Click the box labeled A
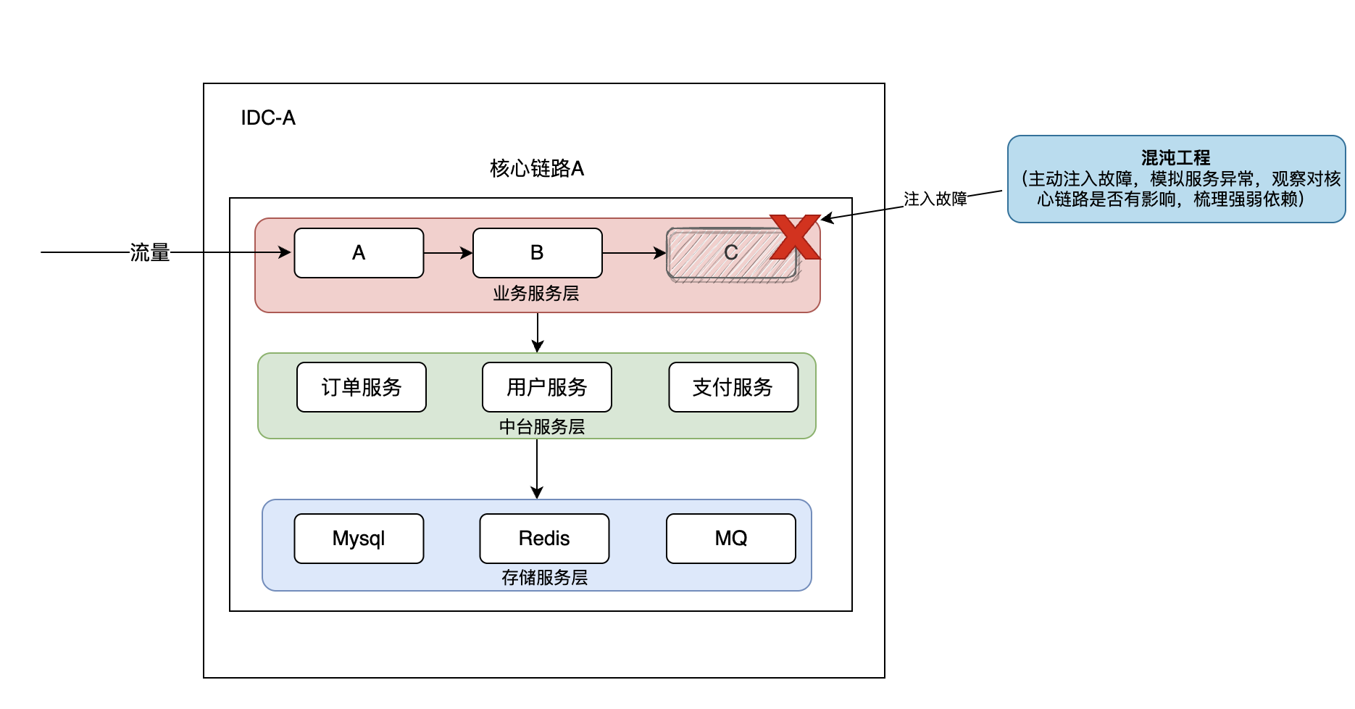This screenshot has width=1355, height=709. click(x=359, y=253)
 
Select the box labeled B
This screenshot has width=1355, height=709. click(x=537, y=253)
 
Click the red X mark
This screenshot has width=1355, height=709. click(x=794, y=237)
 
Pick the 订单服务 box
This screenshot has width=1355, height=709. click(x=362, y=387)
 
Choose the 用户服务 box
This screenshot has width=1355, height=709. click(x=547, y=387)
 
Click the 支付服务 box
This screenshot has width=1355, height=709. click(x=733, y=387)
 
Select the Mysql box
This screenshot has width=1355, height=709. click(x=359, y=539)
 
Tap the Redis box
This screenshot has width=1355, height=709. click(x=544, y=539)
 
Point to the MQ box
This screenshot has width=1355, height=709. click(x=731, y=539)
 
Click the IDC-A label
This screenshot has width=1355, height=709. click(x=268, y=118)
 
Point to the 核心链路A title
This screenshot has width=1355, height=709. click(x=537, y=169)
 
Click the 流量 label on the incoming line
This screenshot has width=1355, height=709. click(x=150, y=253)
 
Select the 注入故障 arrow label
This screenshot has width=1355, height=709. click(x=935, y=199)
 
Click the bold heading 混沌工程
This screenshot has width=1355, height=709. click(x=1175, y=158)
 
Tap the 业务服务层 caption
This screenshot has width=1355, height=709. click(x=536, y=294)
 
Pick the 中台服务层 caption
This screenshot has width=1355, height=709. click(x=542, y=427)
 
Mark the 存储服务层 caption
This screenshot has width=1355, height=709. click(x=544, y=578)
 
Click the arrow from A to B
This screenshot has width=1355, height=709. click(x=448, y=253)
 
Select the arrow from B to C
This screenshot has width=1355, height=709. click(x=634, y=253)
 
